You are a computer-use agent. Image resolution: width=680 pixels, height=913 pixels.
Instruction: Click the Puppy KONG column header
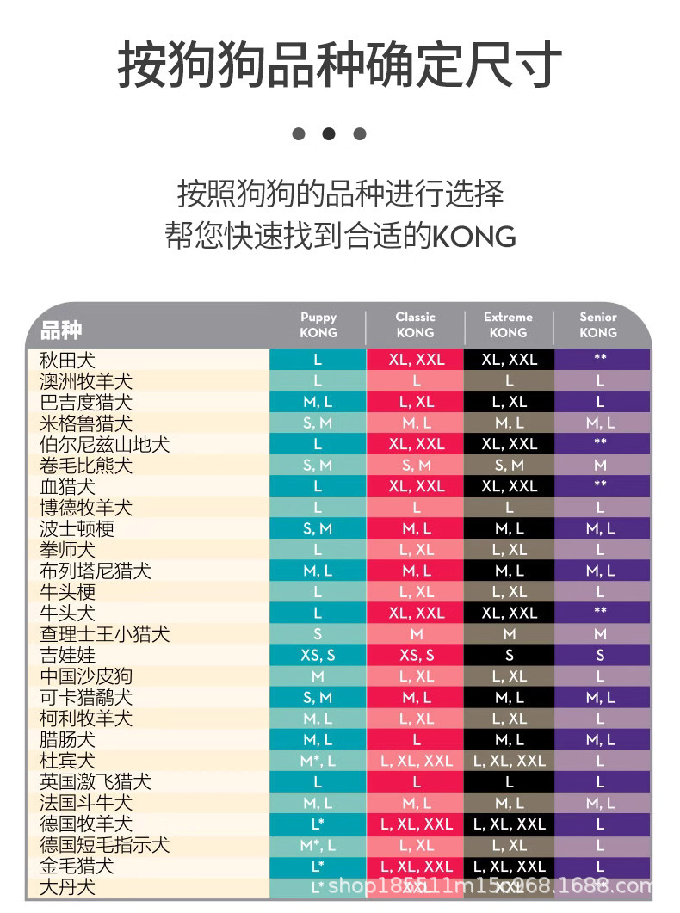point(318,324)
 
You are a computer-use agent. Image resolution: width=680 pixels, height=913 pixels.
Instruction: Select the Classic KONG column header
point(415,324)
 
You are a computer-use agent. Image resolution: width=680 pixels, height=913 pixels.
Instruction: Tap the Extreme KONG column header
point(508,324)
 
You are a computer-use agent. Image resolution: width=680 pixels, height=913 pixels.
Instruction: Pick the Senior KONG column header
point(598,324)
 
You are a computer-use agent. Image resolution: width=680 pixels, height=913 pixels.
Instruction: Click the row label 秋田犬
point(68,360)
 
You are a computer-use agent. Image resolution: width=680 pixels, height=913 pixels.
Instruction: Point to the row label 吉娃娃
point(68,655)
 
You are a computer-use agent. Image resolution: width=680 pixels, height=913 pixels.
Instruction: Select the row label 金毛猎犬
point(77,866)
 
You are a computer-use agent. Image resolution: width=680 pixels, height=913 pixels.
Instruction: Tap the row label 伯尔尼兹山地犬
point(105,444)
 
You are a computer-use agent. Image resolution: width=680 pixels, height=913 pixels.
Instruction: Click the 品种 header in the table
point(61,330)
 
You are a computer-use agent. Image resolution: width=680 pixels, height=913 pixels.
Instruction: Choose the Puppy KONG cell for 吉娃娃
point(318,655)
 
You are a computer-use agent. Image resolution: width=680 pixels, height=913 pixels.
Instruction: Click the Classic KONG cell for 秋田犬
point(417,360)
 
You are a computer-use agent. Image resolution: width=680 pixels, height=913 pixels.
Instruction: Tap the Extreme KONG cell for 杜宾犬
point(509,761)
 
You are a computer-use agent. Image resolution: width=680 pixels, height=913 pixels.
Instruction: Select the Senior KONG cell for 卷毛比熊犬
point(600,465)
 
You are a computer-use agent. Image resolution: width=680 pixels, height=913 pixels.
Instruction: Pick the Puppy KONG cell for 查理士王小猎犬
point(318,634)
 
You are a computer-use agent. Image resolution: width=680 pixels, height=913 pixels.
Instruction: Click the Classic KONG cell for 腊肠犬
point(417,739)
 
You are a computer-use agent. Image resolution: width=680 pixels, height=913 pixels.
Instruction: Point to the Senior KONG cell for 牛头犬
point(600,613)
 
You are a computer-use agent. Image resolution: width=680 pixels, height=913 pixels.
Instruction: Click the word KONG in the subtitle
point(473,236)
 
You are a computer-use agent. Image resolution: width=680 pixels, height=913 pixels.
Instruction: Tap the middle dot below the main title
point(328,133)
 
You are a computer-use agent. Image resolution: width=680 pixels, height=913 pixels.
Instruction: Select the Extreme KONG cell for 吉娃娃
point(509,655)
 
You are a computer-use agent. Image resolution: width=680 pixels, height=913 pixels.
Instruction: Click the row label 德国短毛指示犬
point(105,845)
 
